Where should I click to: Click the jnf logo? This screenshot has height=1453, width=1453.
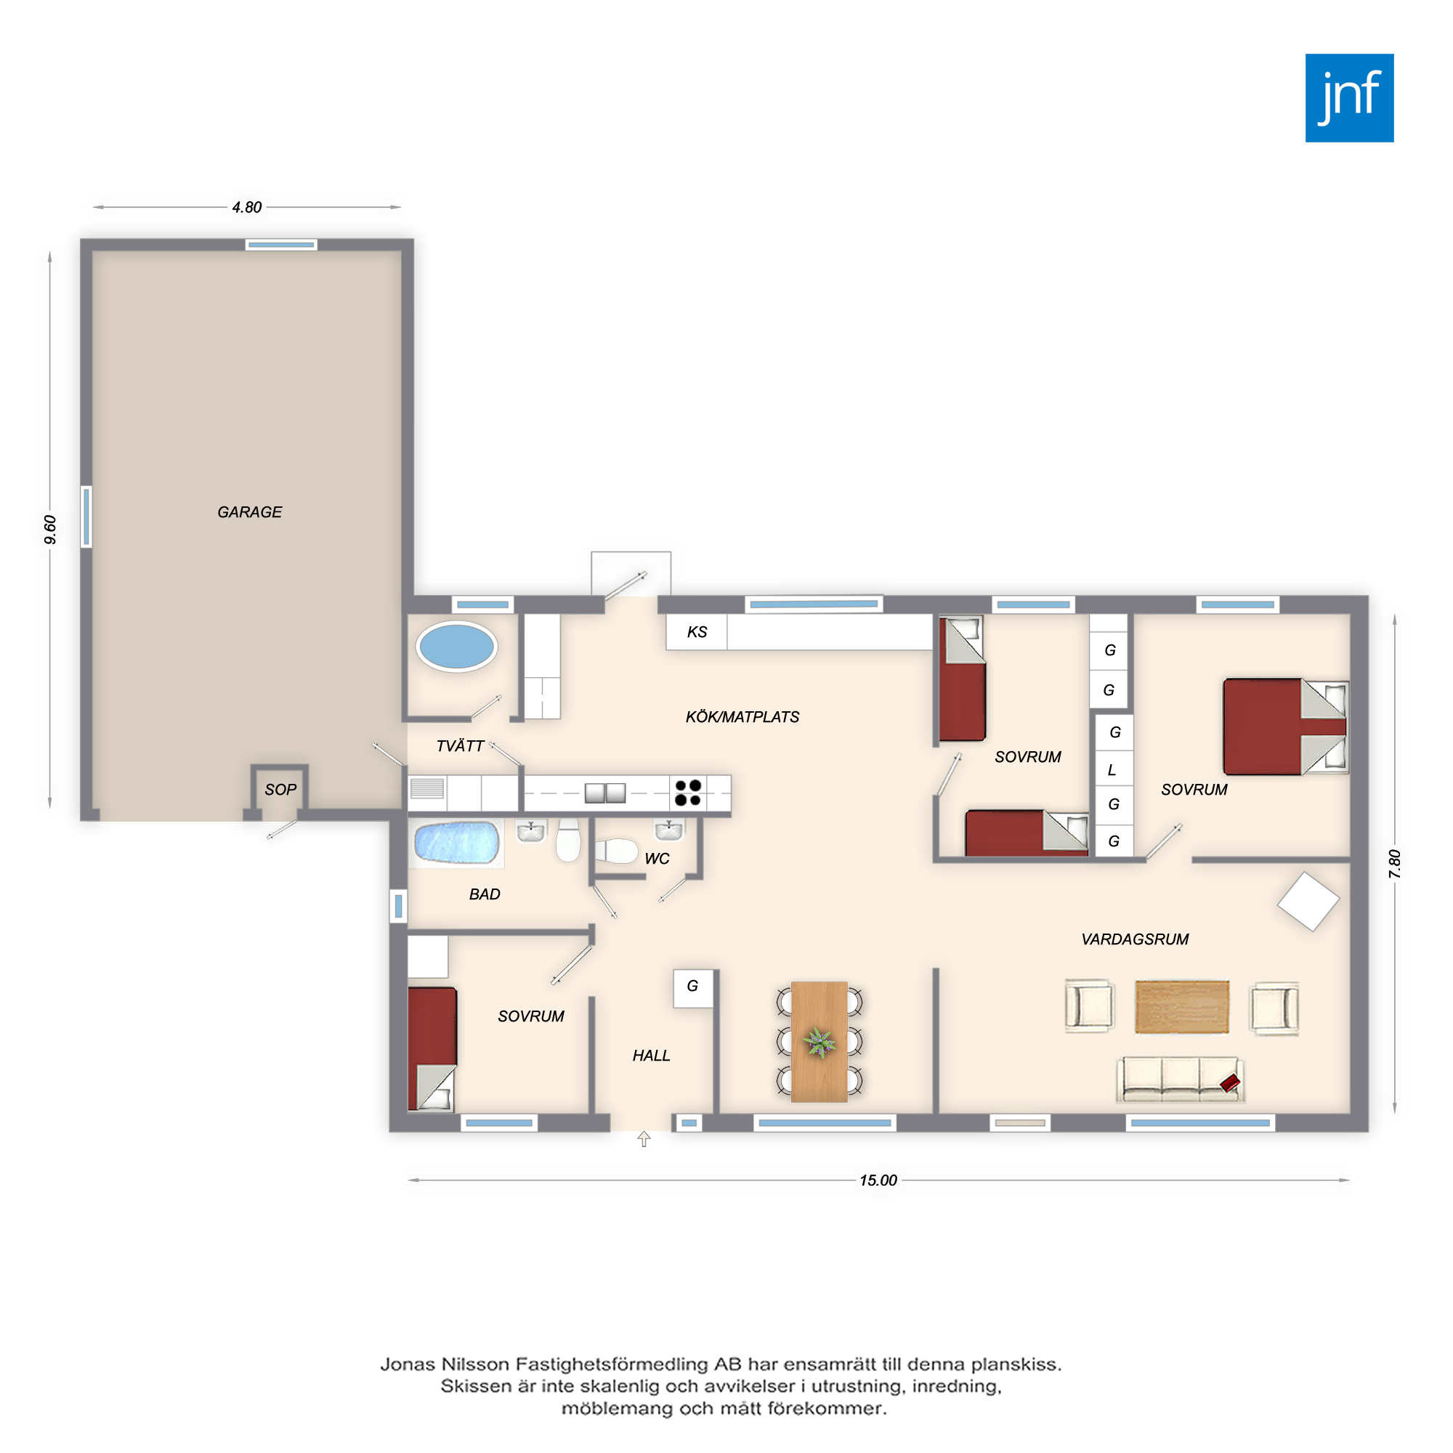pyautogui.click(x=1349, y=98)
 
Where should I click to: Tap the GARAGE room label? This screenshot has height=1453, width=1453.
pyautogui.click(x=250, y=512)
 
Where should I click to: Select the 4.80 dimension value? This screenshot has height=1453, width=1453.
pyautogui.click(x=247, y=208)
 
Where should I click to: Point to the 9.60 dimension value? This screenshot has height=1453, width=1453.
pyautogui.click(x=49, y=530)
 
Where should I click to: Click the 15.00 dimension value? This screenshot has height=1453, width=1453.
pyautogui.click(x=878, y=1180)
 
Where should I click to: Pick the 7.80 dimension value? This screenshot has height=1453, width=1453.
pyautogui.click(x=1394, y=863)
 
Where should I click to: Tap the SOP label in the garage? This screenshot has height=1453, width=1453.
pyautogui.click(x=280, y=790)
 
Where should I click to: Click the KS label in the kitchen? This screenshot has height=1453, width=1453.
pyautogui.click(x=697, y=632)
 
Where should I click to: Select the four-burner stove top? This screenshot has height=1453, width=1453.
pyautogui.click(x=688, y=793)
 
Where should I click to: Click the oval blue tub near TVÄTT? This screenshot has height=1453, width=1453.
pyautogui.click(x=456, y=646)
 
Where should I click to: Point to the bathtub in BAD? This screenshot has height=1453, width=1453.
pyautogui.click(x=456, y=842)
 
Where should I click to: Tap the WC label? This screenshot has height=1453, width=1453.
pyautogui.click(x=657, y=859)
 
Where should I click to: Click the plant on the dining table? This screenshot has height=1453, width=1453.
pyautogui.click(x=819, y=1042)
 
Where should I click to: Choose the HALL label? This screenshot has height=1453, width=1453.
pyautogui.click(x=651, y=1056)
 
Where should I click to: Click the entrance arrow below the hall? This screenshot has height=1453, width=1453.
pyautogui.click(x=644, y=1139)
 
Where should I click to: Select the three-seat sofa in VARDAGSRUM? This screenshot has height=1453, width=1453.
pyautogui.click(x=1179, y=1080)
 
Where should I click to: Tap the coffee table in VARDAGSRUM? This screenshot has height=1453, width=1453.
pyautogui.click(x=1181, y=1007)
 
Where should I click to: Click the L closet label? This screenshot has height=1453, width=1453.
pyautogui.click(x=1112, y=770)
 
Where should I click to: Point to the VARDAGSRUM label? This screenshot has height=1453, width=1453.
pyautogui.click(x=1135, y=939)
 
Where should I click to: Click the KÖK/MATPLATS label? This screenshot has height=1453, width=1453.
pyautogui.click(x=742, y=718)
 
